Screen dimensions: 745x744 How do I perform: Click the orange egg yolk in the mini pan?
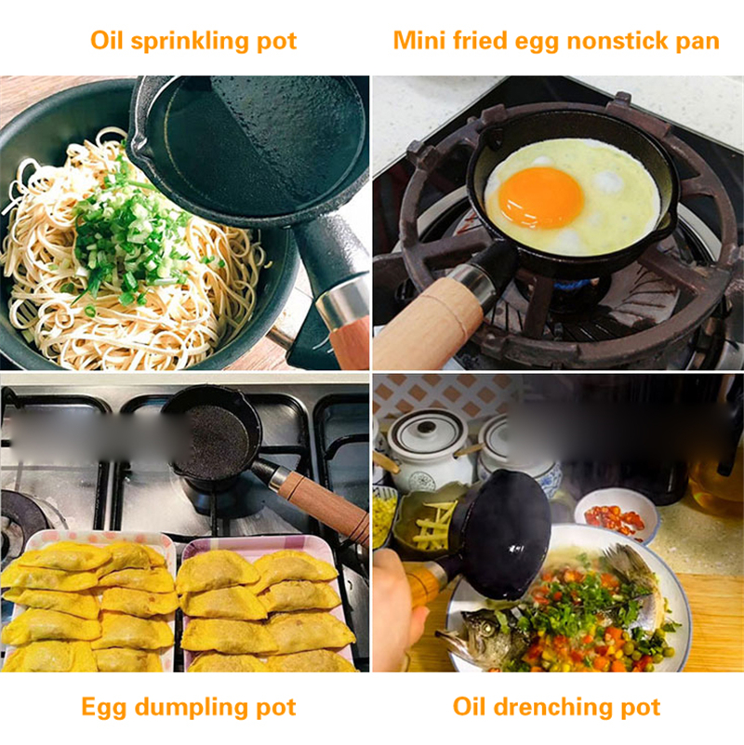tap(540, 197)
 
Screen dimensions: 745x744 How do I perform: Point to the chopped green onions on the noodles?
tap(130, 233)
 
